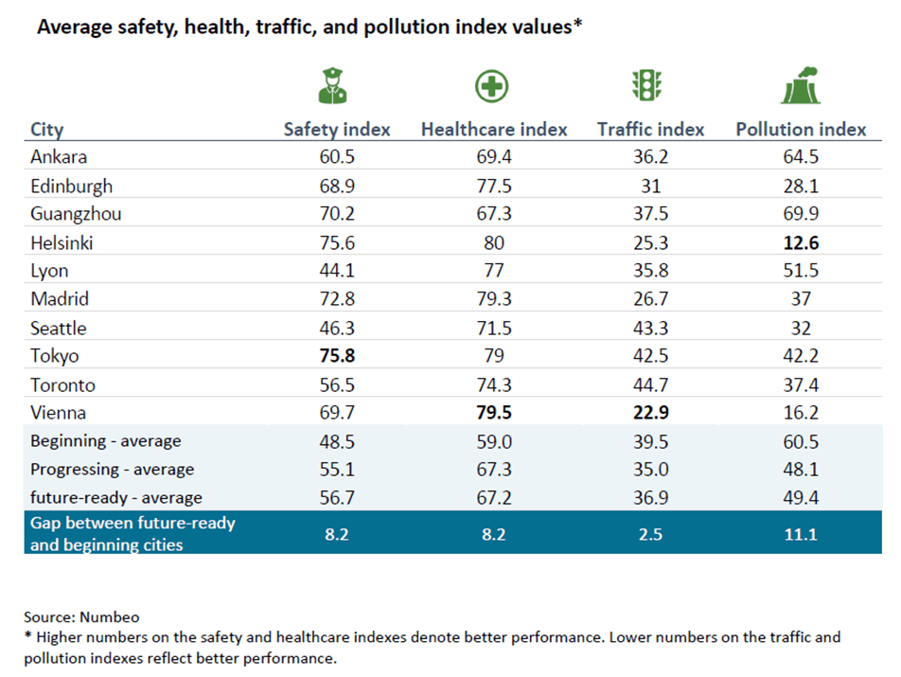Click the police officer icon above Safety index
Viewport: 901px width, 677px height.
pos(333,85)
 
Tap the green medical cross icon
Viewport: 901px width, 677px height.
pos(492,86)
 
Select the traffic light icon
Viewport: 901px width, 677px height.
pos(647,85)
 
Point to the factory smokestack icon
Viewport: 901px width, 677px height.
pos(801,85)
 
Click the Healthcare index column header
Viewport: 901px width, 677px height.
pos(494,130)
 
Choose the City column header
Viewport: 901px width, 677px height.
pos(47,130)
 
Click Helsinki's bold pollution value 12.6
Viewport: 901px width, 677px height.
pos(801,243)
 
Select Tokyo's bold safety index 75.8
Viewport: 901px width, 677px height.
pos(337,356)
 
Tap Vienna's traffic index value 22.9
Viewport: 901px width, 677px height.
pos(651,413)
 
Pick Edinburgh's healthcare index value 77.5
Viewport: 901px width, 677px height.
pos(494,187)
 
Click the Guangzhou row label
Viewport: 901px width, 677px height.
pos(76,214)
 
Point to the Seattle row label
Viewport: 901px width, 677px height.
pos(59,329)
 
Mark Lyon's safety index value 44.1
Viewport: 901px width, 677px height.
pos(337,271)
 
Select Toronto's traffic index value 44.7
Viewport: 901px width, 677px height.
pos(651,385)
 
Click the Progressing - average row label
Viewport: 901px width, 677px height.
pos(113,470)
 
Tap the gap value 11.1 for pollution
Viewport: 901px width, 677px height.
pos(801,534)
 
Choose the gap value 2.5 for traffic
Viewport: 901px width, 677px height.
pos(651,534)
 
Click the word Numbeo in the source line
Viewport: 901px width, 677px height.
pos(110,617)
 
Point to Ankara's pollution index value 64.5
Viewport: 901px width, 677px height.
pos(801,157)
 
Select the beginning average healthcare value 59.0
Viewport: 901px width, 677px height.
pos(494,442)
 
